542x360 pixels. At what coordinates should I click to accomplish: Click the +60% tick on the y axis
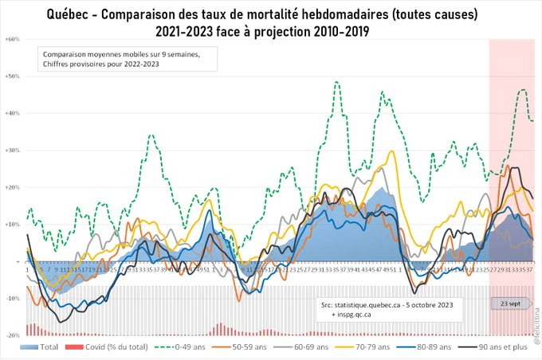(x=13, y=39)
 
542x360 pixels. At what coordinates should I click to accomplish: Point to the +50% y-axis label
(x=13, y=76)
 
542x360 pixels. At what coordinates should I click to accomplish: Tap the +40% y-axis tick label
(x=13, y=113)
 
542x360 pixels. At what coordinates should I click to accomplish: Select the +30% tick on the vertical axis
(x=13, y=151)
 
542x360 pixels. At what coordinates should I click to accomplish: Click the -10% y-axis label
(x=13, y=299)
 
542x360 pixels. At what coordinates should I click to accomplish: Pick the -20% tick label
(x=13, y=335)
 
